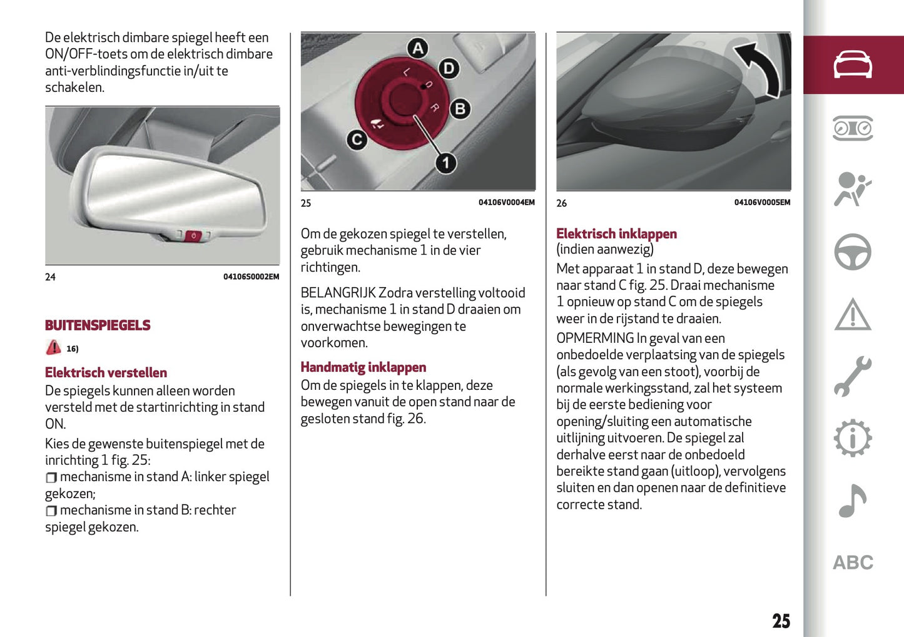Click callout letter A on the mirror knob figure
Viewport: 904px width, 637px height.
point(417,49)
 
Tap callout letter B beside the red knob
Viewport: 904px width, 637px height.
point(460,109)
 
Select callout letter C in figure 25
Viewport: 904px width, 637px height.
point(357,140)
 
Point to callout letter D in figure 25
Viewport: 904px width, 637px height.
point(449,68)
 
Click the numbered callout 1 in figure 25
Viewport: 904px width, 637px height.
point(445,163)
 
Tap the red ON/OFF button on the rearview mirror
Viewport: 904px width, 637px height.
point(193,236)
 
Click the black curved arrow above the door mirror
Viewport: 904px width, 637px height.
point(759,67)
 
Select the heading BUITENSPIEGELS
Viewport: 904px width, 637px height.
point(98,325)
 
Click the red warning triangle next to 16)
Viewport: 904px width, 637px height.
point(53,347)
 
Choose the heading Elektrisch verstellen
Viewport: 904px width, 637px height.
point(106,373)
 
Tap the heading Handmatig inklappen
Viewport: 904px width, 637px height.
point(363,367)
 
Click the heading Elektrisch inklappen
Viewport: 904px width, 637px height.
point(616,234)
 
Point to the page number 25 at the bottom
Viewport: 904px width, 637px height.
point(781,621)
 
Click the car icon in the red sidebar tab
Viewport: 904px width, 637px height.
point(853,65)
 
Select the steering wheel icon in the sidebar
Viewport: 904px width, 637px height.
point(853,252)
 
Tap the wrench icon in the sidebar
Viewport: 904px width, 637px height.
point(853,376)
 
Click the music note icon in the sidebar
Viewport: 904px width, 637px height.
point(853,501)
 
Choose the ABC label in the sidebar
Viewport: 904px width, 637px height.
point(853,563)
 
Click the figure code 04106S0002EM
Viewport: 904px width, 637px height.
point(251,277)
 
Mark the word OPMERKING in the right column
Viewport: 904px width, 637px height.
point(595,339)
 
